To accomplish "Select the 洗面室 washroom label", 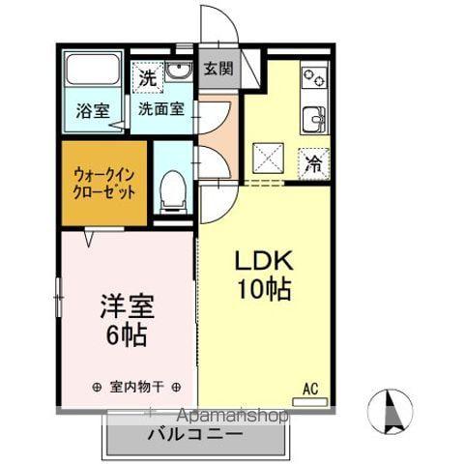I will coord(159,109).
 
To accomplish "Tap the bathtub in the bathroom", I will coord(90,72).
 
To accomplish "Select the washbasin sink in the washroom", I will coord(180,72).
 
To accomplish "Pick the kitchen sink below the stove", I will coord(314,119).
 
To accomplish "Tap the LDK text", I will coord(259,262).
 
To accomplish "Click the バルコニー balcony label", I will coord(195,434).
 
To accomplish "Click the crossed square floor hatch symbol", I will coord(266,157).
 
